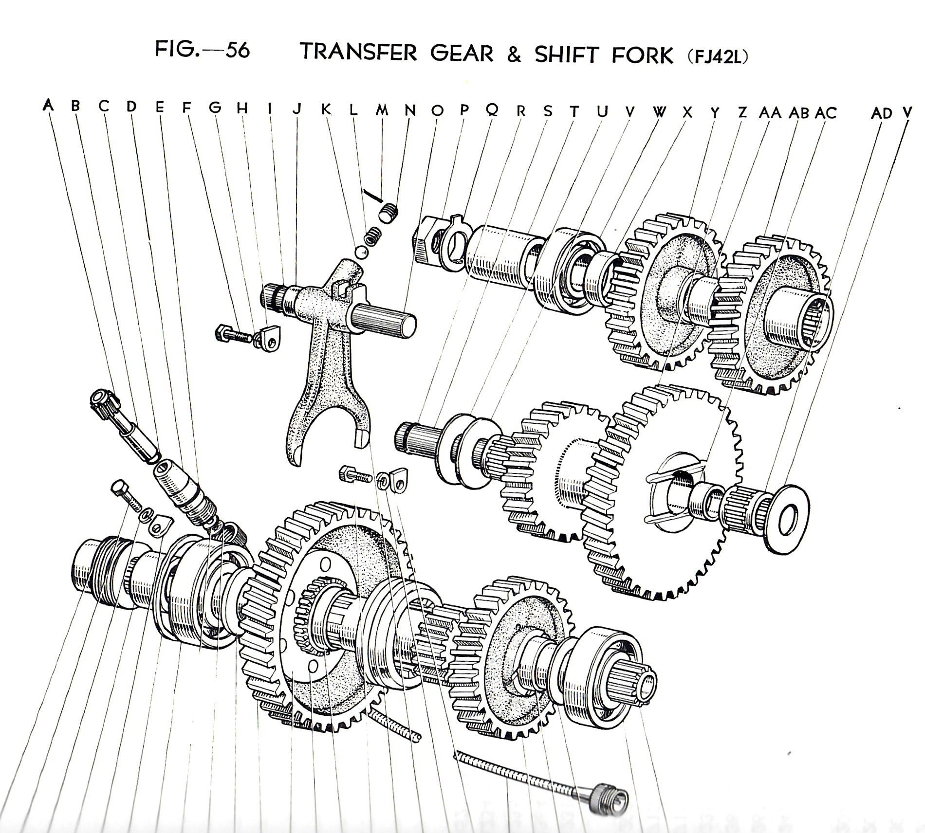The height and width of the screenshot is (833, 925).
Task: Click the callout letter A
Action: tap(48, 105)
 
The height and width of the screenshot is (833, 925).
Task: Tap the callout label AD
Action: tap(882, 113)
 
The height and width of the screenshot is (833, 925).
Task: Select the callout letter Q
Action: tap(492, 111)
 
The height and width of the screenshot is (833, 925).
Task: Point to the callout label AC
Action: tap(825, 113)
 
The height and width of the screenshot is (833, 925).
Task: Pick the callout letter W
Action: tap(659, 112)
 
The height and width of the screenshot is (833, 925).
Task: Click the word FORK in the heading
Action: tap(642, 54)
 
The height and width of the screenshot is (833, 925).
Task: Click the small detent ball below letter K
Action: tap(361, 252)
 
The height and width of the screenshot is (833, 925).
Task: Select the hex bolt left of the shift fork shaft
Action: tap(233, 334)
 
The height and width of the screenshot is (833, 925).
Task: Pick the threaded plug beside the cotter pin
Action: tap(388, 213)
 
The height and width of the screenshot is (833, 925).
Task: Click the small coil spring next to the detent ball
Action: tap(373, 236)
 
